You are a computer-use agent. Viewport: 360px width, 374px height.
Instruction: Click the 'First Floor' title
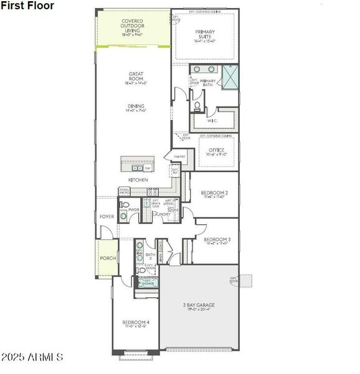tap(27, 6)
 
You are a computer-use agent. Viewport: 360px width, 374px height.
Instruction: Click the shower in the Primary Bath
tap(229, 79)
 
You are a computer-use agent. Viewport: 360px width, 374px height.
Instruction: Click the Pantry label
tap(179, 156)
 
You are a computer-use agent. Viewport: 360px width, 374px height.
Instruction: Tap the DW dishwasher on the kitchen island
tap(148, 168)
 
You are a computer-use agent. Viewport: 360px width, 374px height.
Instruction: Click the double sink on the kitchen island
tap(136, 168)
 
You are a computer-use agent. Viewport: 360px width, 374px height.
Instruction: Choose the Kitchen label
tap(138, 180)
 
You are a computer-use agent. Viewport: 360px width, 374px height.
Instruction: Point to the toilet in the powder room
tap(124, 206)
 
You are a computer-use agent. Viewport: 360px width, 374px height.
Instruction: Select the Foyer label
tap(107, 216)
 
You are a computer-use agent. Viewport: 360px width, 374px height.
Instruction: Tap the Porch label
tap(107, 258)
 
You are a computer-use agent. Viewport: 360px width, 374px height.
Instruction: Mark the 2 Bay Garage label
tap(198, 306)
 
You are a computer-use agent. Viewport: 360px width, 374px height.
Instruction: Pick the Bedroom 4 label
tap(136, 323)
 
